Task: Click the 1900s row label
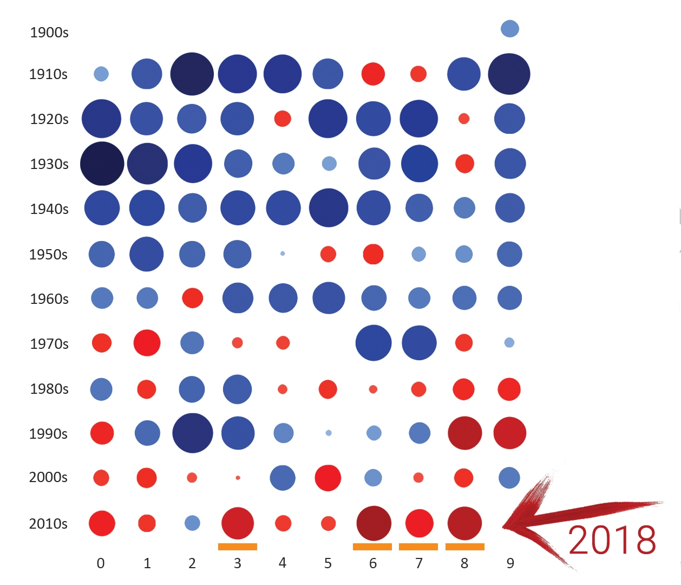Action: click(x=49, y=32)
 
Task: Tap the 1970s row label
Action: click(x=49, y=344)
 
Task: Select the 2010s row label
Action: click(x=48, y=524)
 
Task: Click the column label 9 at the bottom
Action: click(x=510, y=563)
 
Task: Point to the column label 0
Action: click(x=101, y=563)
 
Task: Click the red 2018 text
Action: click(x=612, y=540)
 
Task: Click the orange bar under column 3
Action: click(x=238, y=547)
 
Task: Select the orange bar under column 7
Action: click(x=418, y=547)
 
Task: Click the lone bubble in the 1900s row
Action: click(x=510, y=29)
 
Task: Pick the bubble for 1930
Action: click(x=102, y=164)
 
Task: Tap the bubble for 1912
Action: click(x=192, y=74)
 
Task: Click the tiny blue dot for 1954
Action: click(x=283, y=253)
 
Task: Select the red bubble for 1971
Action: click(x=147, y=343)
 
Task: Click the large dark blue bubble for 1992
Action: click(x=193, y=433)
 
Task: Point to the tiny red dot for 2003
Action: click(x=238, y=478)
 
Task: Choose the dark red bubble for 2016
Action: click(x=374, y=523)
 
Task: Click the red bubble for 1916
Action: click(x=373, y=74)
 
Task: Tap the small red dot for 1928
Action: click(x=464, y=119)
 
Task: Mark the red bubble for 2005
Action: click(x=328, y=478)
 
